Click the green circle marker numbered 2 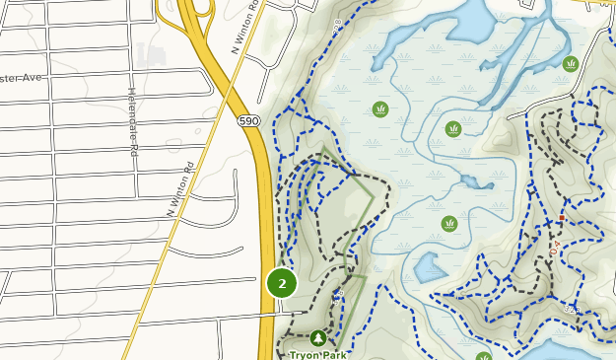282,283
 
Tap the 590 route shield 248,120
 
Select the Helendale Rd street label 132,122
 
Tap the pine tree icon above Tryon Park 317,338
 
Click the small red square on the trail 562,217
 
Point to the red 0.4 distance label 554,247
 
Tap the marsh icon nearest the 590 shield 380,108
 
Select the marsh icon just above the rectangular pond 449,223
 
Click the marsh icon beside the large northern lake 571,64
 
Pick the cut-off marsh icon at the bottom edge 483,356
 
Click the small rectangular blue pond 430,267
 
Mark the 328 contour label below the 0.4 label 571,310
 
